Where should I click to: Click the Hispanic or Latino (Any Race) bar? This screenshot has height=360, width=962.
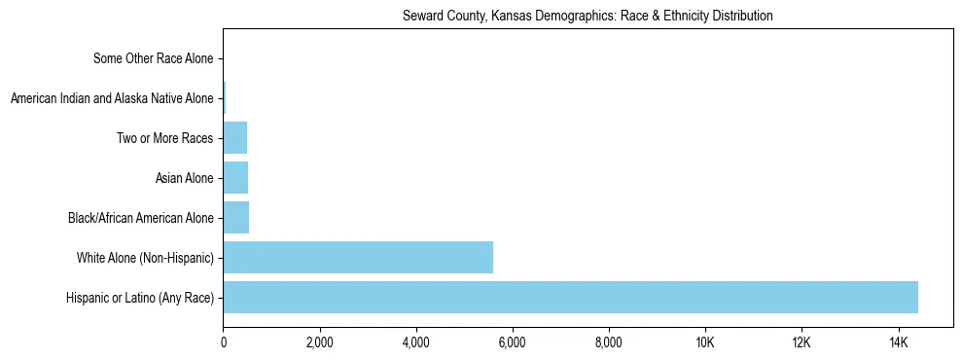coord(570,298)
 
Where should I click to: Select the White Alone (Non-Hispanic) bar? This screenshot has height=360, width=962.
coord(358,258)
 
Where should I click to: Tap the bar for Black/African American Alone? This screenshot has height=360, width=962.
coord(236,218)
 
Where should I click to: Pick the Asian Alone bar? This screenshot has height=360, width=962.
coord(235,178)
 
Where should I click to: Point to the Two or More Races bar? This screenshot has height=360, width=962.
coord(235,138)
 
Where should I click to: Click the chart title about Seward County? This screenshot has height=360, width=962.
coord(588,16)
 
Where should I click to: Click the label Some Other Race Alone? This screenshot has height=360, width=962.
coord(153,58)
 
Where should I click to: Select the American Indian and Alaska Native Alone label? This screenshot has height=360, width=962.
coord(111,98)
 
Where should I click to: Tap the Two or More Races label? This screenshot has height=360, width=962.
coord(164,138)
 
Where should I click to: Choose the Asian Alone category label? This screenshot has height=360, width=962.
coord(184,178)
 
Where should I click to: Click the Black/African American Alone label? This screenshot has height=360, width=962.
coord(140,218)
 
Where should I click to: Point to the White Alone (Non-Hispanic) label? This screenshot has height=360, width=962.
coord(145,258)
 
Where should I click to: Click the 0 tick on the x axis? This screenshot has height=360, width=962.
coord(224,342)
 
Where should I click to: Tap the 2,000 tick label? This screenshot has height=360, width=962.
coord(320,342)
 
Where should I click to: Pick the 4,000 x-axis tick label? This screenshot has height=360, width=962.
coord(416,342)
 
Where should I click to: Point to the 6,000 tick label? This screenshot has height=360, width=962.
coord(513,342)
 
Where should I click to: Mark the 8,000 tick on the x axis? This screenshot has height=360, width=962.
coord(609,342)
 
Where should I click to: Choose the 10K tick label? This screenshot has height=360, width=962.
coord(705,342)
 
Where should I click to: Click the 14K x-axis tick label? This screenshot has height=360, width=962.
coord(898,342)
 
